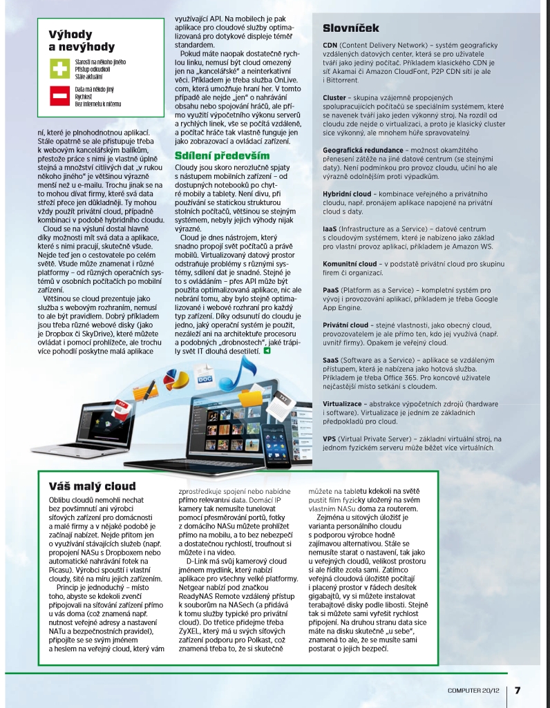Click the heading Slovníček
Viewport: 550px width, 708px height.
(x=351, y=28)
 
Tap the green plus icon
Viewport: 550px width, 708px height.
(x=59, y=69)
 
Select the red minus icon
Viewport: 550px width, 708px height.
(x=59, y=95)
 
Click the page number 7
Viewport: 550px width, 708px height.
(x=518, y=689)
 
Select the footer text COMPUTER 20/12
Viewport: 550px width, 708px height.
(x=476, y=690)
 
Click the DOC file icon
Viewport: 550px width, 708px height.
(x=205, y=379)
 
